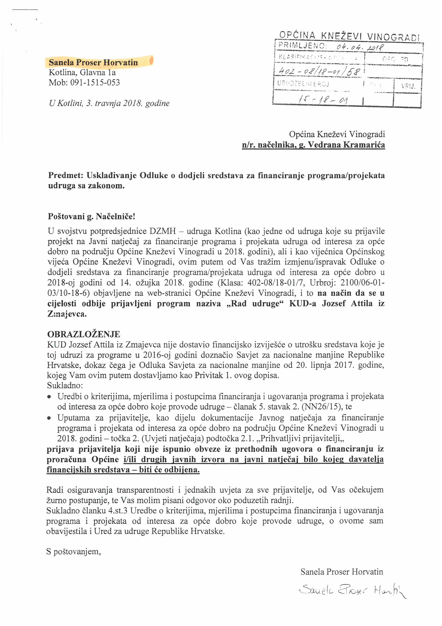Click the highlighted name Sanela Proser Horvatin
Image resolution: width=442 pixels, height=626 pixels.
[93, 62]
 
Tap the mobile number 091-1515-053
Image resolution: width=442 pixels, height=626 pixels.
[95, 83]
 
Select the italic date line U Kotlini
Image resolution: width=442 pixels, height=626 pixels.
[109, 103]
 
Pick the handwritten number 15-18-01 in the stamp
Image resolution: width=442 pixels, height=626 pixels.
[322, 100]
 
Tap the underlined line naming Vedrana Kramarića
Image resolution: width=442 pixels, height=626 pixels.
[313, 145]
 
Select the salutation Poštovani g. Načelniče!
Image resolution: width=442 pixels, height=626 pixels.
[91, 217]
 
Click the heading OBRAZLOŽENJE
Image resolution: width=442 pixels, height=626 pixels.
[84, 334]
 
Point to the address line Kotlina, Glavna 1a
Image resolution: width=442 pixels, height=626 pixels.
[82, 73]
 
